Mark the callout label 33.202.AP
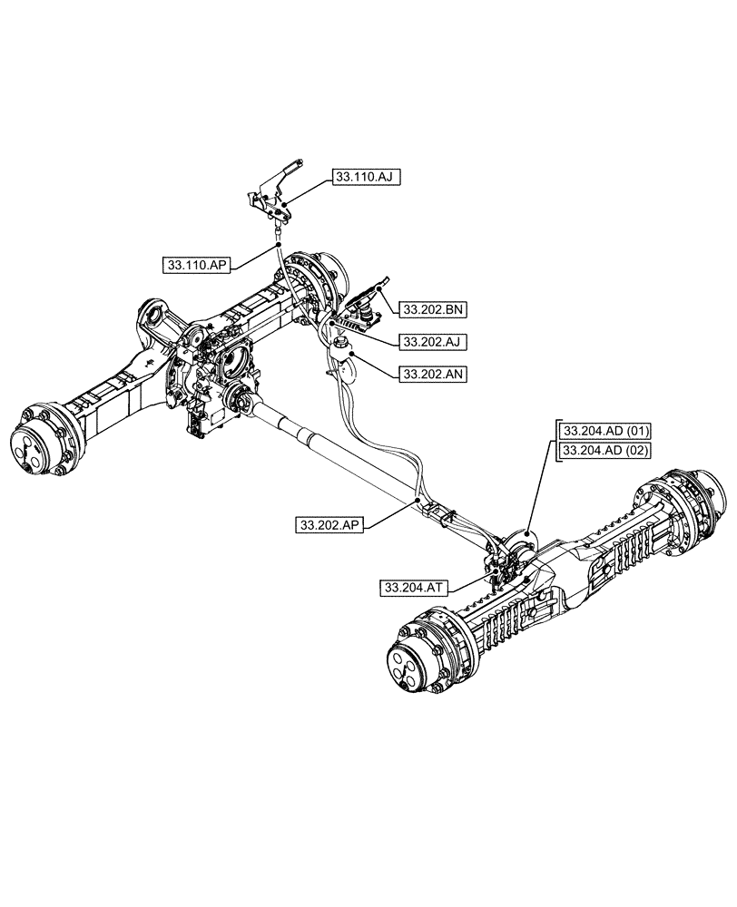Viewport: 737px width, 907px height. [329, 524]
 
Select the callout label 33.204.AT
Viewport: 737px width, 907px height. [415, 588]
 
